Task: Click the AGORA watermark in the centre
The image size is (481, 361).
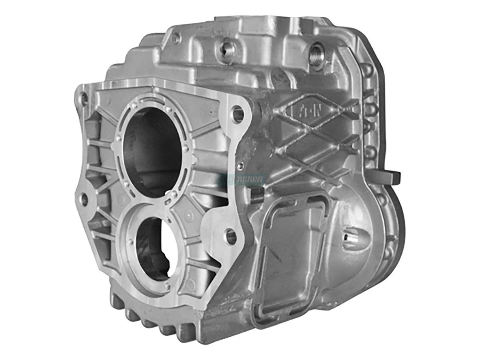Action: (240, 179)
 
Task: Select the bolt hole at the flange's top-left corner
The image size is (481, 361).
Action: (83, 97)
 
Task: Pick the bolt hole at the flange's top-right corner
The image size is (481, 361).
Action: (238, 114)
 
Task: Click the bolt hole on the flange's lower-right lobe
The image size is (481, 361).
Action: (231, 236)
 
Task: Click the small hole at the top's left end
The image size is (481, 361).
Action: (176, 39)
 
